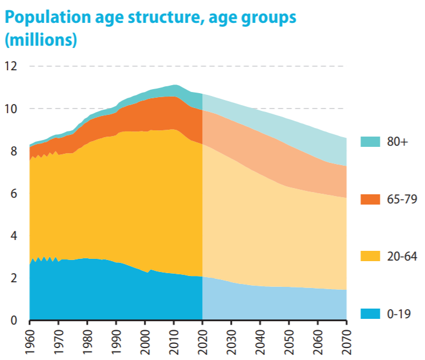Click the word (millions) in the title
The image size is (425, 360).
41,41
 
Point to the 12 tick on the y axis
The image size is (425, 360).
11,66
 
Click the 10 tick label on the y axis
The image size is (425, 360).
11,109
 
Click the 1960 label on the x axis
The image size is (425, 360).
30,341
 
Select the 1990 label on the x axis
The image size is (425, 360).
117,341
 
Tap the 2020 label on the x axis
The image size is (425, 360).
203,341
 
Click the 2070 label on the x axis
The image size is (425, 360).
347,341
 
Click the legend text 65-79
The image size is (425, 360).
400,199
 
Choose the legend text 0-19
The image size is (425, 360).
398,314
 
